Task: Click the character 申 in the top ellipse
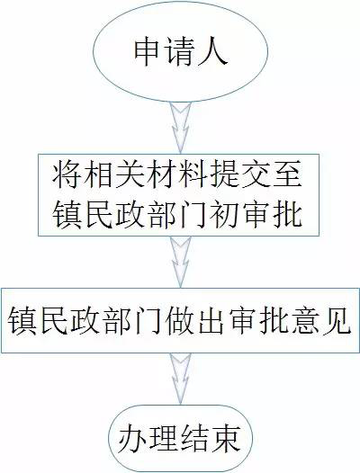pos(147,52)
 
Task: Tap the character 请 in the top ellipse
pos(179,52)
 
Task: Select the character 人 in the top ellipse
pos(212,52)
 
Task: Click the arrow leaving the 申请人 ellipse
pos(181,128)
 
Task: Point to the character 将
pos(67,175)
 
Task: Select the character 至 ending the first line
pos(288,175)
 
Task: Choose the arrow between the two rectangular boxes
pos(181,262)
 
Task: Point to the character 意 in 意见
pos(306,320)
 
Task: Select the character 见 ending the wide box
pos(337,320)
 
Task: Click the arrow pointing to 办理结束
pos(181,379)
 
